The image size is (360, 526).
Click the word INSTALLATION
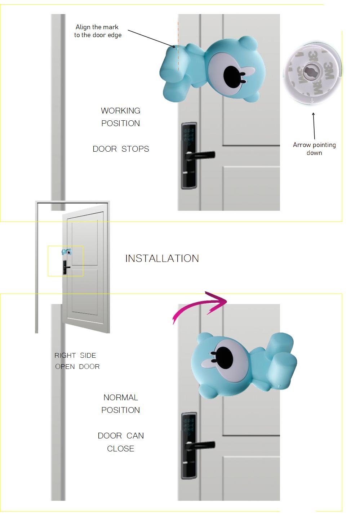click(162, 258)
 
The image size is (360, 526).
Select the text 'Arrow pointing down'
click(314, 149)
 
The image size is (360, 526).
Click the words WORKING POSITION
click(121, 117)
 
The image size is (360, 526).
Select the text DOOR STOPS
click(121, 149)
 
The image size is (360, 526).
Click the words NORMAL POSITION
click(121, 404)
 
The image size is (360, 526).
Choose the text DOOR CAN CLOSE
click(121, 442)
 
